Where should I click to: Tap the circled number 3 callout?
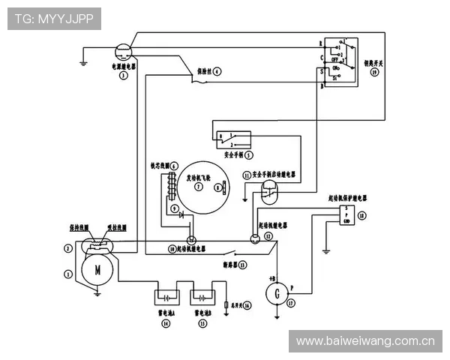(123, 76)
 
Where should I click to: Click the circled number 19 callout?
(375, 73)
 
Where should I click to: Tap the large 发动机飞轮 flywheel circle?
(199, 187)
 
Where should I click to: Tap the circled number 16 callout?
(247, 305)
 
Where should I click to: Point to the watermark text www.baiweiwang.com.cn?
(365, 340)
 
